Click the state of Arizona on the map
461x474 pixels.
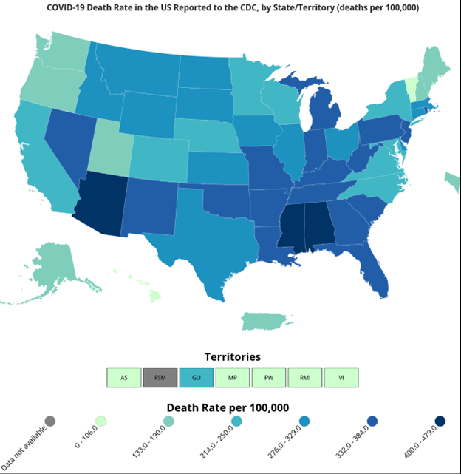pyautogui.click(x=103, y=203)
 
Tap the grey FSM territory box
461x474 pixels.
pyautogui.click(x=160, y=378)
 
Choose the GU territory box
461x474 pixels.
pyautogui.click(x=197, y=378)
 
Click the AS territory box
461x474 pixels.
pyautogui.click(x=124, y=378)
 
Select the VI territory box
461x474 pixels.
pyautogui.click(x=341, y=378)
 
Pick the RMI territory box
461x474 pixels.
pyautogui.click(x=305, y=378)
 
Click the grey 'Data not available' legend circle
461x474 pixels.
pyautogui.click(x=50, y=421)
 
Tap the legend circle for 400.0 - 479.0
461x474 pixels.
pyautogui.click(x=440, y=421)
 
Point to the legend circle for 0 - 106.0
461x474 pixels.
pyautogui.click(x=101, y=421)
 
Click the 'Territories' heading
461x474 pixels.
pyautogui.click(x=232, y=357)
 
